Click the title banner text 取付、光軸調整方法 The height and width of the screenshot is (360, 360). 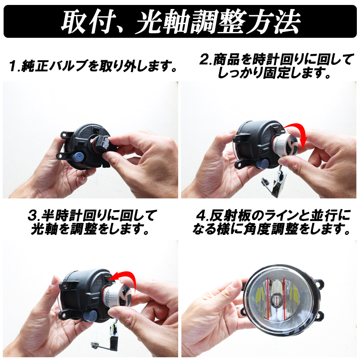[180, 22]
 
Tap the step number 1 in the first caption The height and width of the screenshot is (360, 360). [13, 66]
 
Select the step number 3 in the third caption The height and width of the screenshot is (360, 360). [32, 216]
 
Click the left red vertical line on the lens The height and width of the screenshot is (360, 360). [268, 298]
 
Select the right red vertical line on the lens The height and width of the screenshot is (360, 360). [284, 298]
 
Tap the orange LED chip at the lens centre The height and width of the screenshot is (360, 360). [276, 299]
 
